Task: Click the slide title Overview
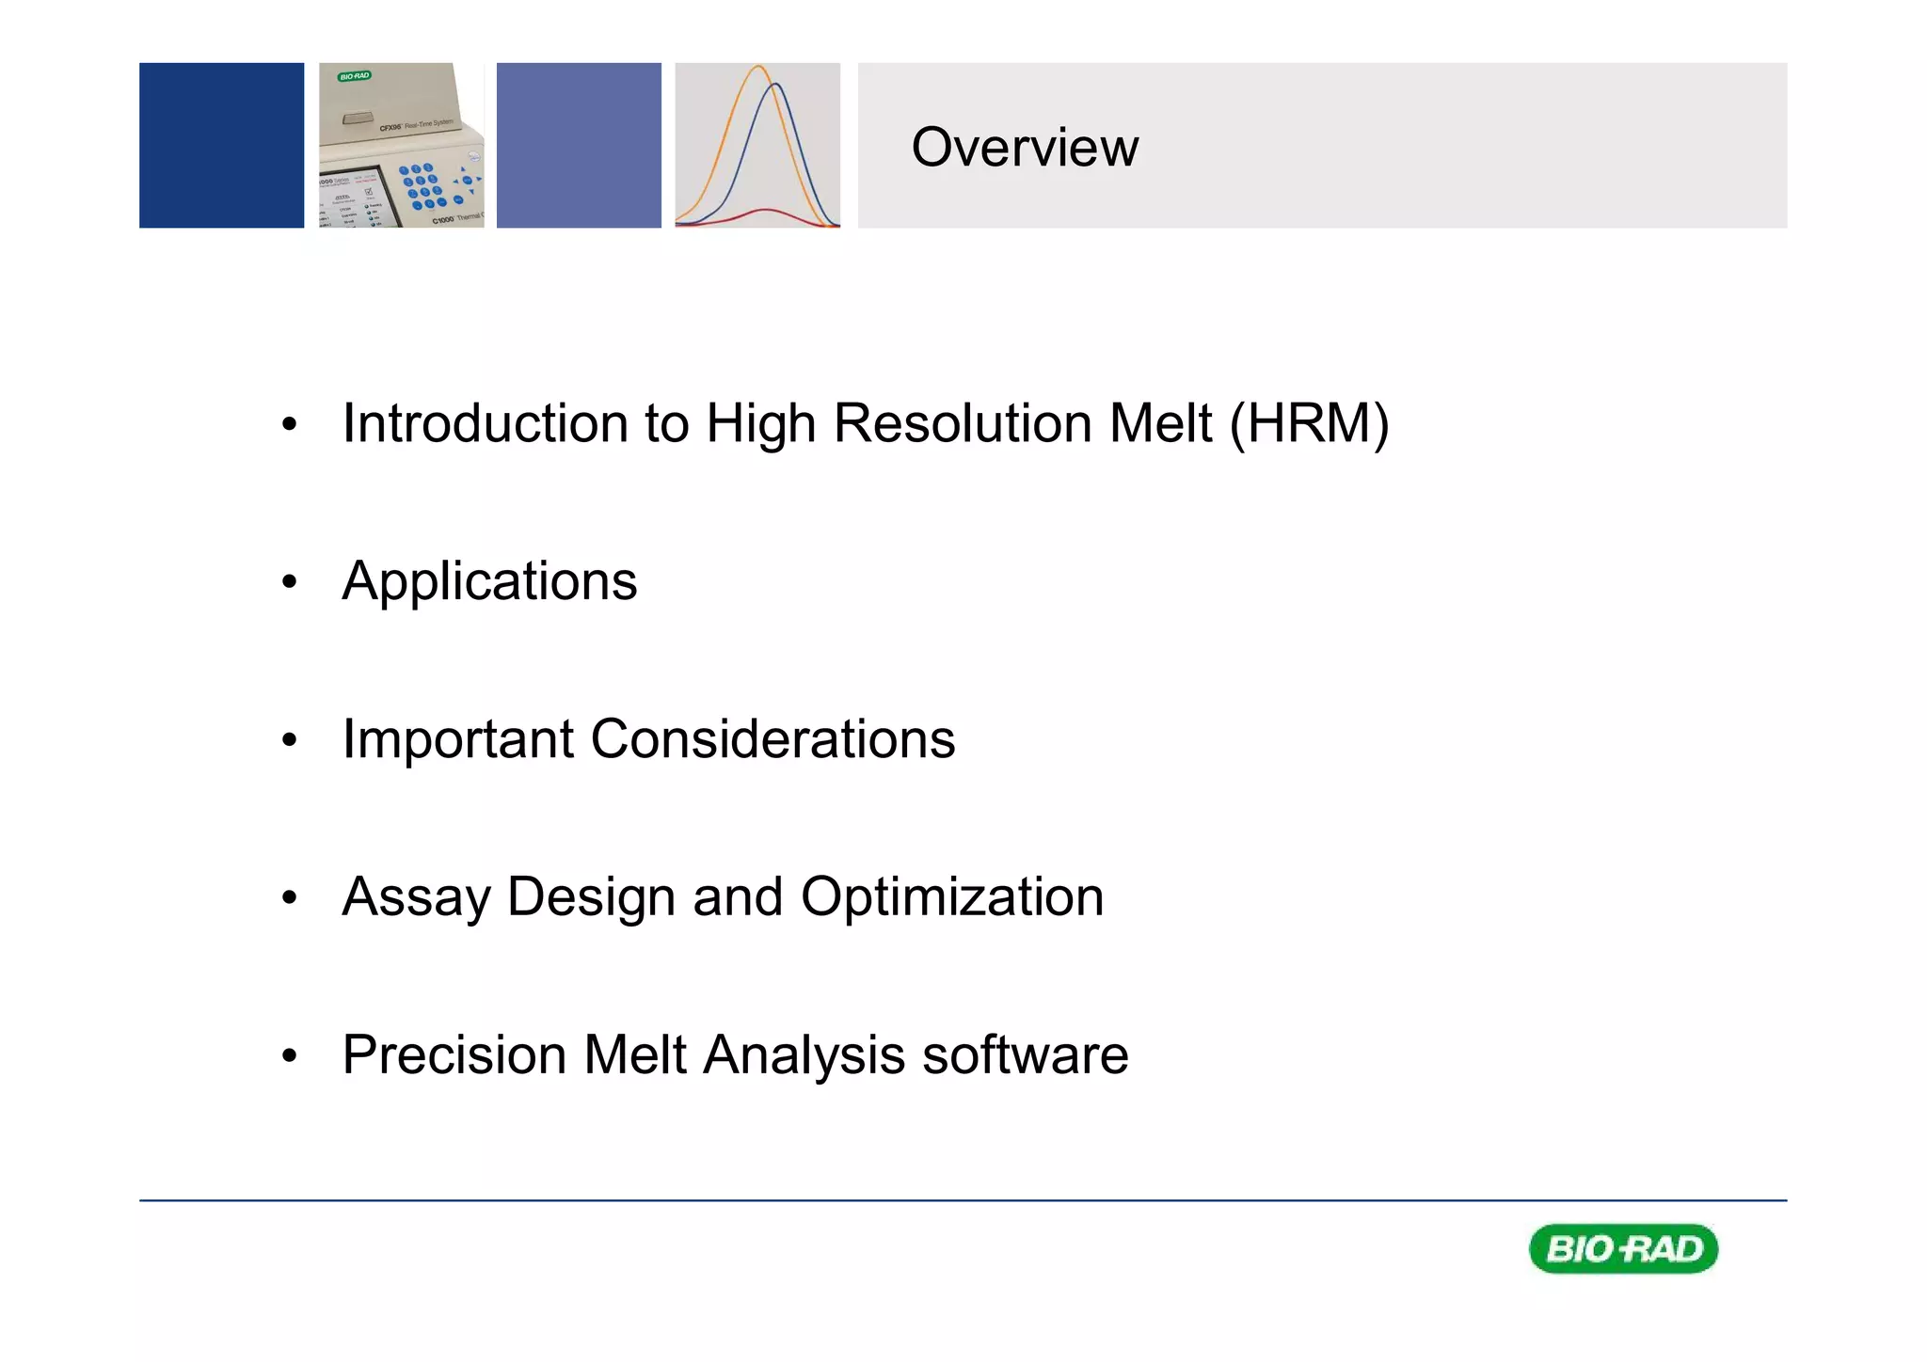click(x=1024, y=148)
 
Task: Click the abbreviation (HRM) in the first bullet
click(x=1309, y=424)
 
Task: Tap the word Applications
click(x=489, y=582)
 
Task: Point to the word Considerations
click(x=772, y=739)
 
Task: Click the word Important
click(x=457, y=739)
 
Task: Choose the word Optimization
click(x=952, y=897)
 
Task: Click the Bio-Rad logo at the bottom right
click(x=1623, y=1249)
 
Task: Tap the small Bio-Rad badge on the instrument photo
click(x=355, y=76)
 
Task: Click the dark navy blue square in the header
click(x=221, y=146)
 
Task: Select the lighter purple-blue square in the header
click(x=579, y=146)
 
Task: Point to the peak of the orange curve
click(x=758, y=67)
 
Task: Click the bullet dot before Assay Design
click(x=289, y=898)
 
